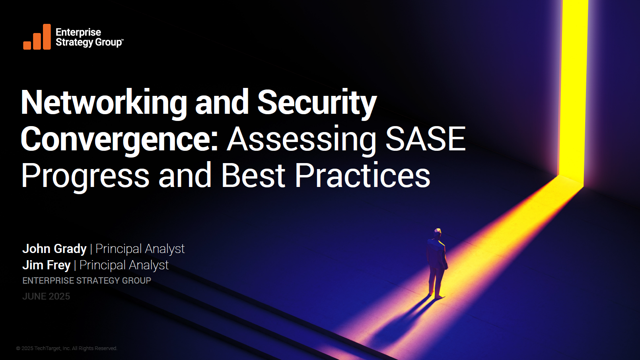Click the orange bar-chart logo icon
(37, 37)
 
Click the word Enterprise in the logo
(78, 33)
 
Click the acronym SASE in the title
(426, 138)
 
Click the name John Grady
(54, 249)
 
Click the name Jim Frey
(47, 265)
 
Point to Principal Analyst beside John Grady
(140, 249)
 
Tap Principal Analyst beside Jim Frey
(124, 265)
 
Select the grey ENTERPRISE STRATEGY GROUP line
(87, 280)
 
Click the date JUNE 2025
(46, 296)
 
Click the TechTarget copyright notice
(66, 348)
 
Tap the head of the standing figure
(437, 233)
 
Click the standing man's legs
(436, 283)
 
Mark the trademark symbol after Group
(122, 40)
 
